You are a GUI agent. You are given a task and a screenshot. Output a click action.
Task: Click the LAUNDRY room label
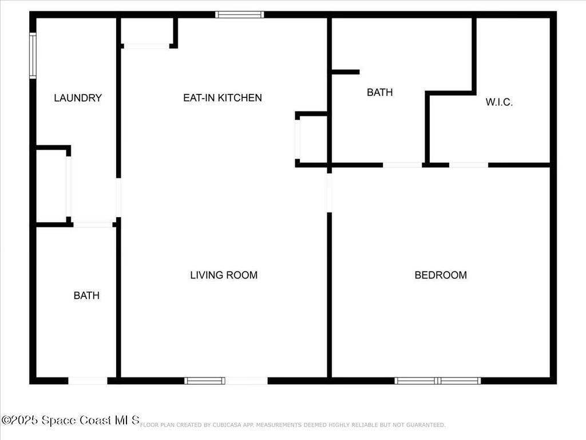point(78,98)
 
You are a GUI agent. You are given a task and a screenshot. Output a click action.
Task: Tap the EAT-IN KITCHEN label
point(222,98)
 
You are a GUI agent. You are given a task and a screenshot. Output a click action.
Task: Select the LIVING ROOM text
point(224,275)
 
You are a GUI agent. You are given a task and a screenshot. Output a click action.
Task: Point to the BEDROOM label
point(440,275)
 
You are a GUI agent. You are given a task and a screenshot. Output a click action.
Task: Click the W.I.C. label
point(499,103)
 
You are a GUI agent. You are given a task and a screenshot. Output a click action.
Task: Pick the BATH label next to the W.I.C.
point(379,92)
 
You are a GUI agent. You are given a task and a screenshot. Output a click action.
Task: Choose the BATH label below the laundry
point(86,296)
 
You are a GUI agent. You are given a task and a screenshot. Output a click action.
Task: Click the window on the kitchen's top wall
point(240,14)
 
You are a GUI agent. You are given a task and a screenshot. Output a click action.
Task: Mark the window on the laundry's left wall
point(33,55)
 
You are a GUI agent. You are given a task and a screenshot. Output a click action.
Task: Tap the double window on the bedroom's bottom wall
point(438,380)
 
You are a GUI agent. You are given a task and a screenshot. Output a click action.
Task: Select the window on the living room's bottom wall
point(204,380)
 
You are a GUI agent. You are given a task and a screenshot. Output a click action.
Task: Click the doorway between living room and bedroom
point(329,192)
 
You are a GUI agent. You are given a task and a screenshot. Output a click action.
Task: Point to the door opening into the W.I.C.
point(468,165)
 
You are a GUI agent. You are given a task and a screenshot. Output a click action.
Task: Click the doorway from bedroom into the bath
point(402,165)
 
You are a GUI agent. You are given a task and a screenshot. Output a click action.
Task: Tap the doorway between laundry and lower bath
point(93,225)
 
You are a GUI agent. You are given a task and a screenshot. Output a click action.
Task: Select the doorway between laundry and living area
point(118,198)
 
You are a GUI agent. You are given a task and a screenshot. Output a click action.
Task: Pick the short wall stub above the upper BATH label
point(345,72)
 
